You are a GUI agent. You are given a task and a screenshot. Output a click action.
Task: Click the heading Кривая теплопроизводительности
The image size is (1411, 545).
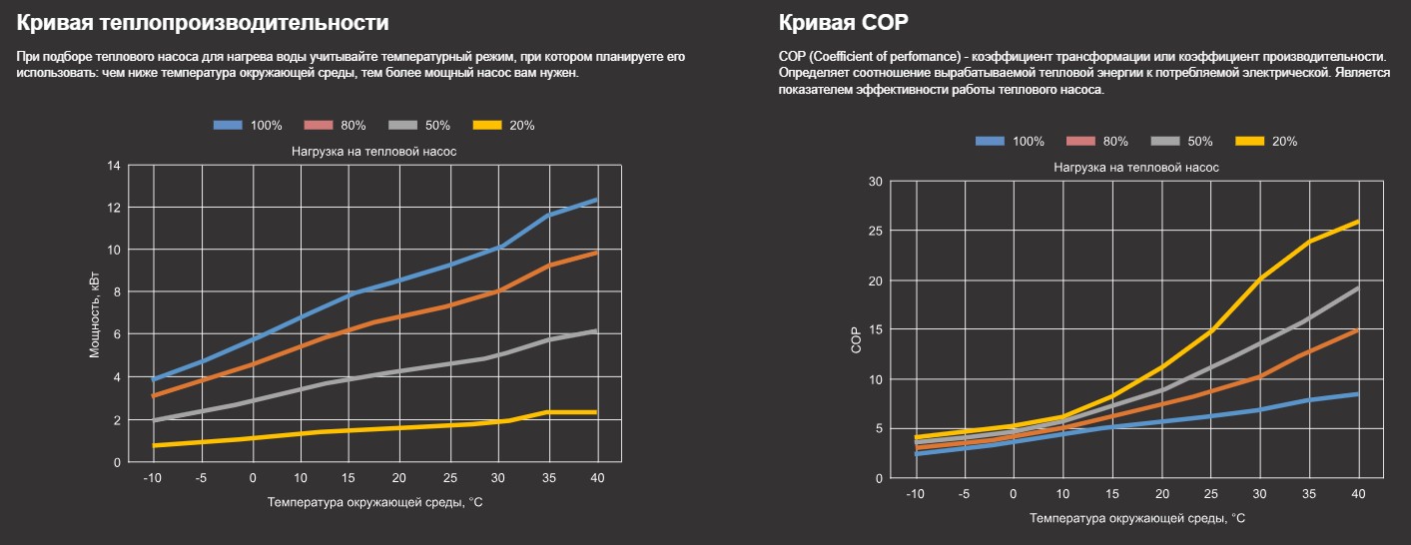(203, 22)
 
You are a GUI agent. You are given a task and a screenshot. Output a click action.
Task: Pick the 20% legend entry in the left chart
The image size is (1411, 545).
(504, 126)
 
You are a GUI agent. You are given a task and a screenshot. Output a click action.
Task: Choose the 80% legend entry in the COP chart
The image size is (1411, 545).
(1098, 142)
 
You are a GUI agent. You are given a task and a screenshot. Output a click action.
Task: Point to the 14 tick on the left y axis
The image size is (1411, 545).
(115, 165)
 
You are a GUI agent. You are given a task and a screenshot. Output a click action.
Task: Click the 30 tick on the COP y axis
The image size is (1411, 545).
(876, 182)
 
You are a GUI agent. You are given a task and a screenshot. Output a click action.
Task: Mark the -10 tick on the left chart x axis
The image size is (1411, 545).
(153, 478)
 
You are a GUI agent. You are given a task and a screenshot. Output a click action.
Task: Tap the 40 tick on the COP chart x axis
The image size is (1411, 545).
(1358, 494)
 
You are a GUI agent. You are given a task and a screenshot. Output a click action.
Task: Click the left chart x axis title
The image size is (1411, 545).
(374, 502)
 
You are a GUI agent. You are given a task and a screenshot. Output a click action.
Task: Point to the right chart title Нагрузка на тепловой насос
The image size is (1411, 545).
(1136, 168)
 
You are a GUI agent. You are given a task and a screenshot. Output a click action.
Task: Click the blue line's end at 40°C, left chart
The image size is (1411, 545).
(596, 201)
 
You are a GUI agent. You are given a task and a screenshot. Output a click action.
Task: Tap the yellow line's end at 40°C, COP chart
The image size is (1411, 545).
(1358, 222)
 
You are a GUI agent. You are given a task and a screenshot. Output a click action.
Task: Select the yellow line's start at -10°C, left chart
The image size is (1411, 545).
(154, 445)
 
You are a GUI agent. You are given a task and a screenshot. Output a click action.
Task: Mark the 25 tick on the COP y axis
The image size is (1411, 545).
(876, 231)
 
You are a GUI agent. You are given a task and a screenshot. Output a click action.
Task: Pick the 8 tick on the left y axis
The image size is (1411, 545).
(116, 292)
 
